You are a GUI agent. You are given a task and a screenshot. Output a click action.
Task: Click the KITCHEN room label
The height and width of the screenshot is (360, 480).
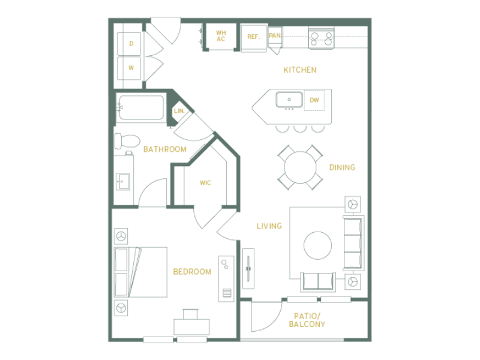coord(299,70)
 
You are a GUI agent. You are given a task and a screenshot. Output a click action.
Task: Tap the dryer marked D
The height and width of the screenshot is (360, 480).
coord(129,43)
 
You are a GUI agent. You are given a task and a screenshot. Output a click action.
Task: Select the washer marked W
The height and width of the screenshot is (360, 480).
coord(129,68)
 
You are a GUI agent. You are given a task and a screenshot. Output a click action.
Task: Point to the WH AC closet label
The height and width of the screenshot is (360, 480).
coord(221,36)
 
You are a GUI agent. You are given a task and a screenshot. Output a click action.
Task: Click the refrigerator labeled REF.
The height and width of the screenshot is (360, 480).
coord(253,38)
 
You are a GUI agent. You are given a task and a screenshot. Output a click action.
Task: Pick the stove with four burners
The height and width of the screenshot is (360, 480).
coord(321,38)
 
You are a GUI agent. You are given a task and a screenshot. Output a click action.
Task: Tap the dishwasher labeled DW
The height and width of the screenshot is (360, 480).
coord(314,100)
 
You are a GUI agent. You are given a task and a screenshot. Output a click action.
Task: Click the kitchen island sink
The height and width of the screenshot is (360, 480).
coord(289,100)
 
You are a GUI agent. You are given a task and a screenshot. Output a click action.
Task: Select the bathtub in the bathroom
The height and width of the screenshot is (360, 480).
coord(141,107)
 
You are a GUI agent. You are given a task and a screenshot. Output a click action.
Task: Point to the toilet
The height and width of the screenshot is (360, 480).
coord(127,141)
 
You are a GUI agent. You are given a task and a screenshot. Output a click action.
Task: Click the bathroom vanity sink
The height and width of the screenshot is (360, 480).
coord(123,182)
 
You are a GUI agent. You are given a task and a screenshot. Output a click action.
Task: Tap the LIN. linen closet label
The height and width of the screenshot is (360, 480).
coord(179,111)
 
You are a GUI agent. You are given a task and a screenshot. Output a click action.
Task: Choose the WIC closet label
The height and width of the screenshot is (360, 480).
coord(205,183)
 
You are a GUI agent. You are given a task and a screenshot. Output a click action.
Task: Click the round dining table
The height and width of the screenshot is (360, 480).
coord(300,167)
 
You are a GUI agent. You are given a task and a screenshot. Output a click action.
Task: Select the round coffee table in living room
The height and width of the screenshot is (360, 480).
coord(318,245)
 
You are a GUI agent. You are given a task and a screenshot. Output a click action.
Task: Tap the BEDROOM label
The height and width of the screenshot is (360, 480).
coord(192,272)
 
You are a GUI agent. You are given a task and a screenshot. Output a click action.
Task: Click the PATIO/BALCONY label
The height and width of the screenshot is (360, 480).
coord(307,320)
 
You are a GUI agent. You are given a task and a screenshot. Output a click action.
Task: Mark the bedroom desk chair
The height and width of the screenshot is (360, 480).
coord(190,314)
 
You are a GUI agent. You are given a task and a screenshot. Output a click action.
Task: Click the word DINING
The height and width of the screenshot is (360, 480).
coord(342,167)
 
